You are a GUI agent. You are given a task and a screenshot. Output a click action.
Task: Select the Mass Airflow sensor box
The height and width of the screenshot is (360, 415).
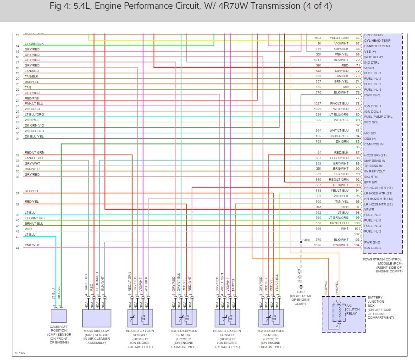click(x=96, y=317)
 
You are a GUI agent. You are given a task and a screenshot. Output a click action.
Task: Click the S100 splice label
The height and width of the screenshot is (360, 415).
click(x=306, y=240)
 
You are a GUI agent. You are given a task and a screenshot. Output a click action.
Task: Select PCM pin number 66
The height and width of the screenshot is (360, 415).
click(x=358, y=38)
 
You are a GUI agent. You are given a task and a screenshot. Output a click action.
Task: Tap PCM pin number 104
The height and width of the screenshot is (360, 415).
click(x=358, y=245)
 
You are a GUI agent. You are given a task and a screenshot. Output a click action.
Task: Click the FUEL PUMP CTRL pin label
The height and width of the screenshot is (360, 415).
click(x=378, y=117)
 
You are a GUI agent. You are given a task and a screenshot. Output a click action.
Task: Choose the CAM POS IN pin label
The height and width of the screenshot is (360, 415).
click(x=374, y=144)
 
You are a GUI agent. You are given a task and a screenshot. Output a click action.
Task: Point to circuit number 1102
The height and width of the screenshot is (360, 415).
click(x=318, y=38)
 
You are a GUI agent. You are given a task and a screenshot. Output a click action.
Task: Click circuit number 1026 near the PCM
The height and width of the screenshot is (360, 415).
click(x=318, y=245)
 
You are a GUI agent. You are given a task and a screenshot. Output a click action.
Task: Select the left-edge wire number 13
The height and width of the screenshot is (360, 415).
click(x=17, y=35)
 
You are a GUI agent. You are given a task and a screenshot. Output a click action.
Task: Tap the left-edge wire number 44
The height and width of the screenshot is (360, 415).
click(x=17, y=248)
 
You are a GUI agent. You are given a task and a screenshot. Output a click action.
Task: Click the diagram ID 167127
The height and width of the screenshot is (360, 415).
click(x=20, y=353)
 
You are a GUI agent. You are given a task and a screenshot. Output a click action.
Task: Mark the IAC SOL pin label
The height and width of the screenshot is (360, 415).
click(x=371, y=133)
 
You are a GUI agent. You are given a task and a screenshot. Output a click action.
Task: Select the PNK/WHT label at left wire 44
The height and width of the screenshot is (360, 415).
click(x=32, y=245)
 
